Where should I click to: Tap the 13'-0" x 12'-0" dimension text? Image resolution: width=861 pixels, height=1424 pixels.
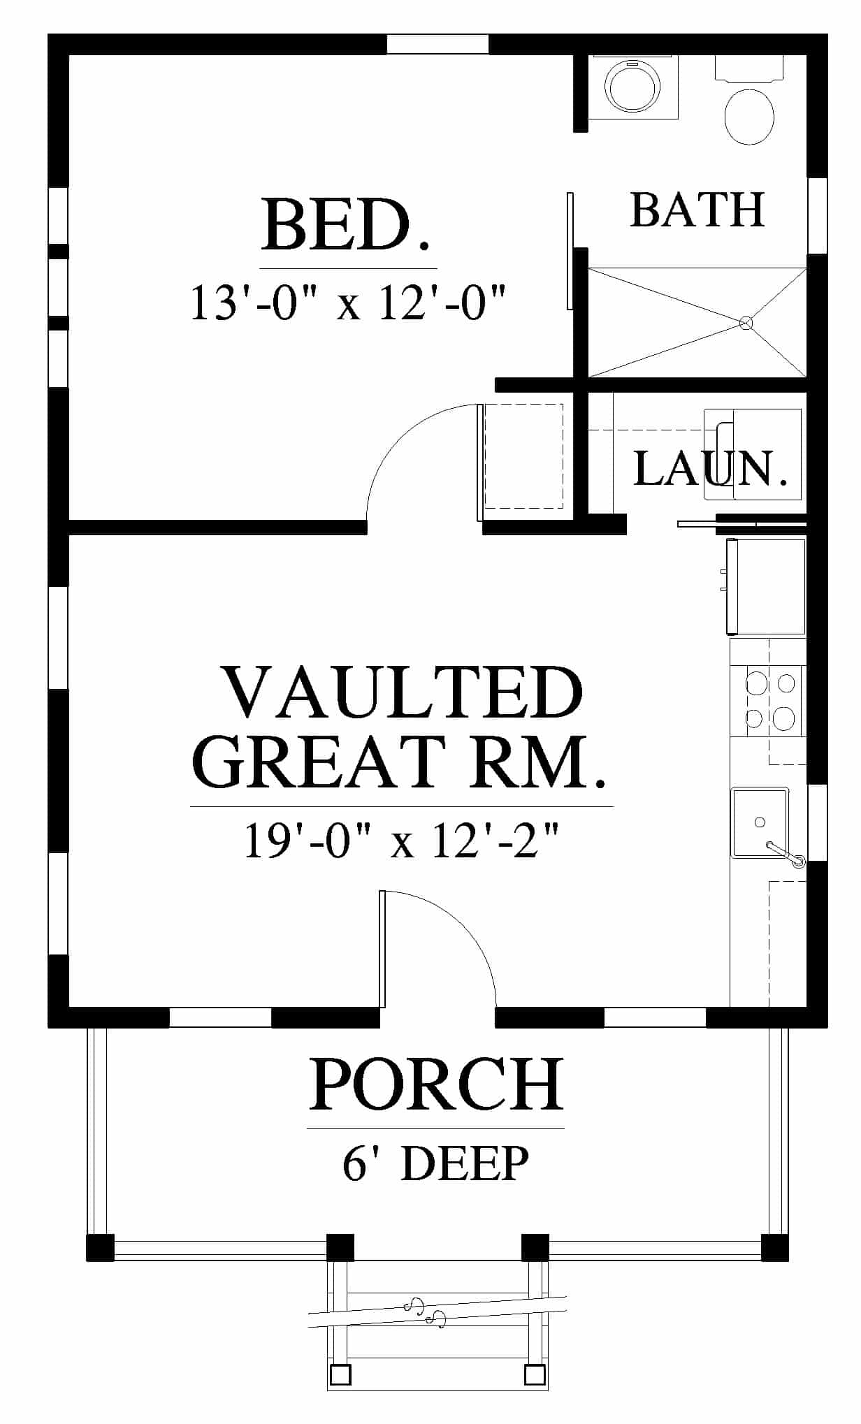coord(347,303)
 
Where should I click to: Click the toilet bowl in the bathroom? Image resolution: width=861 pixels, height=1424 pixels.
coord(749,116)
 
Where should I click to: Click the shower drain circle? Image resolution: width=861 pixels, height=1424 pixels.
coord(746,323)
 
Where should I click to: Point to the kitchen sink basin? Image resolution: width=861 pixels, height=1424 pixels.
coord(760,822)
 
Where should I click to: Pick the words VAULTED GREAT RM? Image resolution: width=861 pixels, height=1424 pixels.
coord(400,727)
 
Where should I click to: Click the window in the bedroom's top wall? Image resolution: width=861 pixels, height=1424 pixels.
coord(438,44)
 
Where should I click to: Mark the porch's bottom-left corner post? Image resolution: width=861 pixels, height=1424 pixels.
coord(100,1247)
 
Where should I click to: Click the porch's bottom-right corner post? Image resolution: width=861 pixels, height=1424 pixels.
coord(775,1247)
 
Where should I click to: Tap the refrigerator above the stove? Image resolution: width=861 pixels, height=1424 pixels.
coord(767,586)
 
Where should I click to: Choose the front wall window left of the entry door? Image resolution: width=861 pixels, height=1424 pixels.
coord(220,1017)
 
